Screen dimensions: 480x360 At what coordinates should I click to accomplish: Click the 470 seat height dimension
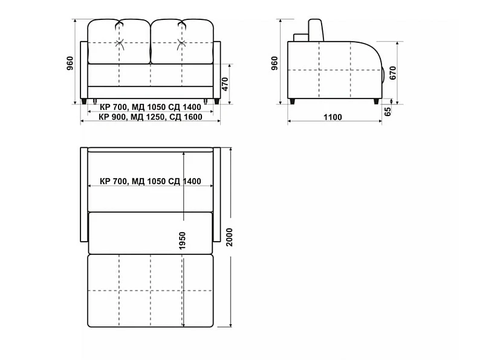click(225, 84)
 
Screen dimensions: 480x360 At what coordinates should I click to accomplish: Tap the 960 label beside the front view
click(70, 63)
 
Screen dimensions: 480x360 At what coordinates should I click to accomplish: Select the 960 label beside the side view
click(274, 63)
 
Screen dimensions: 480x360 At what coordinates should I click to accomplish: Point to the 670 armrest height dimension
click(393, 73)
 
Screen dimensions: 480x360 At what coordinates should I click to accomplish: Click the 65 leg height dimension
click(388, 111)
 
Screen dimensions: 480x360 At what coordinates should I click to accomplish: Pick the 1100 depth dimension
click(332, 117)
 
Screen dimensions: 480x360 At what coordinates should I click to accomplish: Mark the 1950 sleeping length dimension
click(182, 240)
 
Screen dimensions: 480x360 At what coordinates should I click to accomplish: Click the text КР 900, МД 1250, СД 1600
click(151, 117)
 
